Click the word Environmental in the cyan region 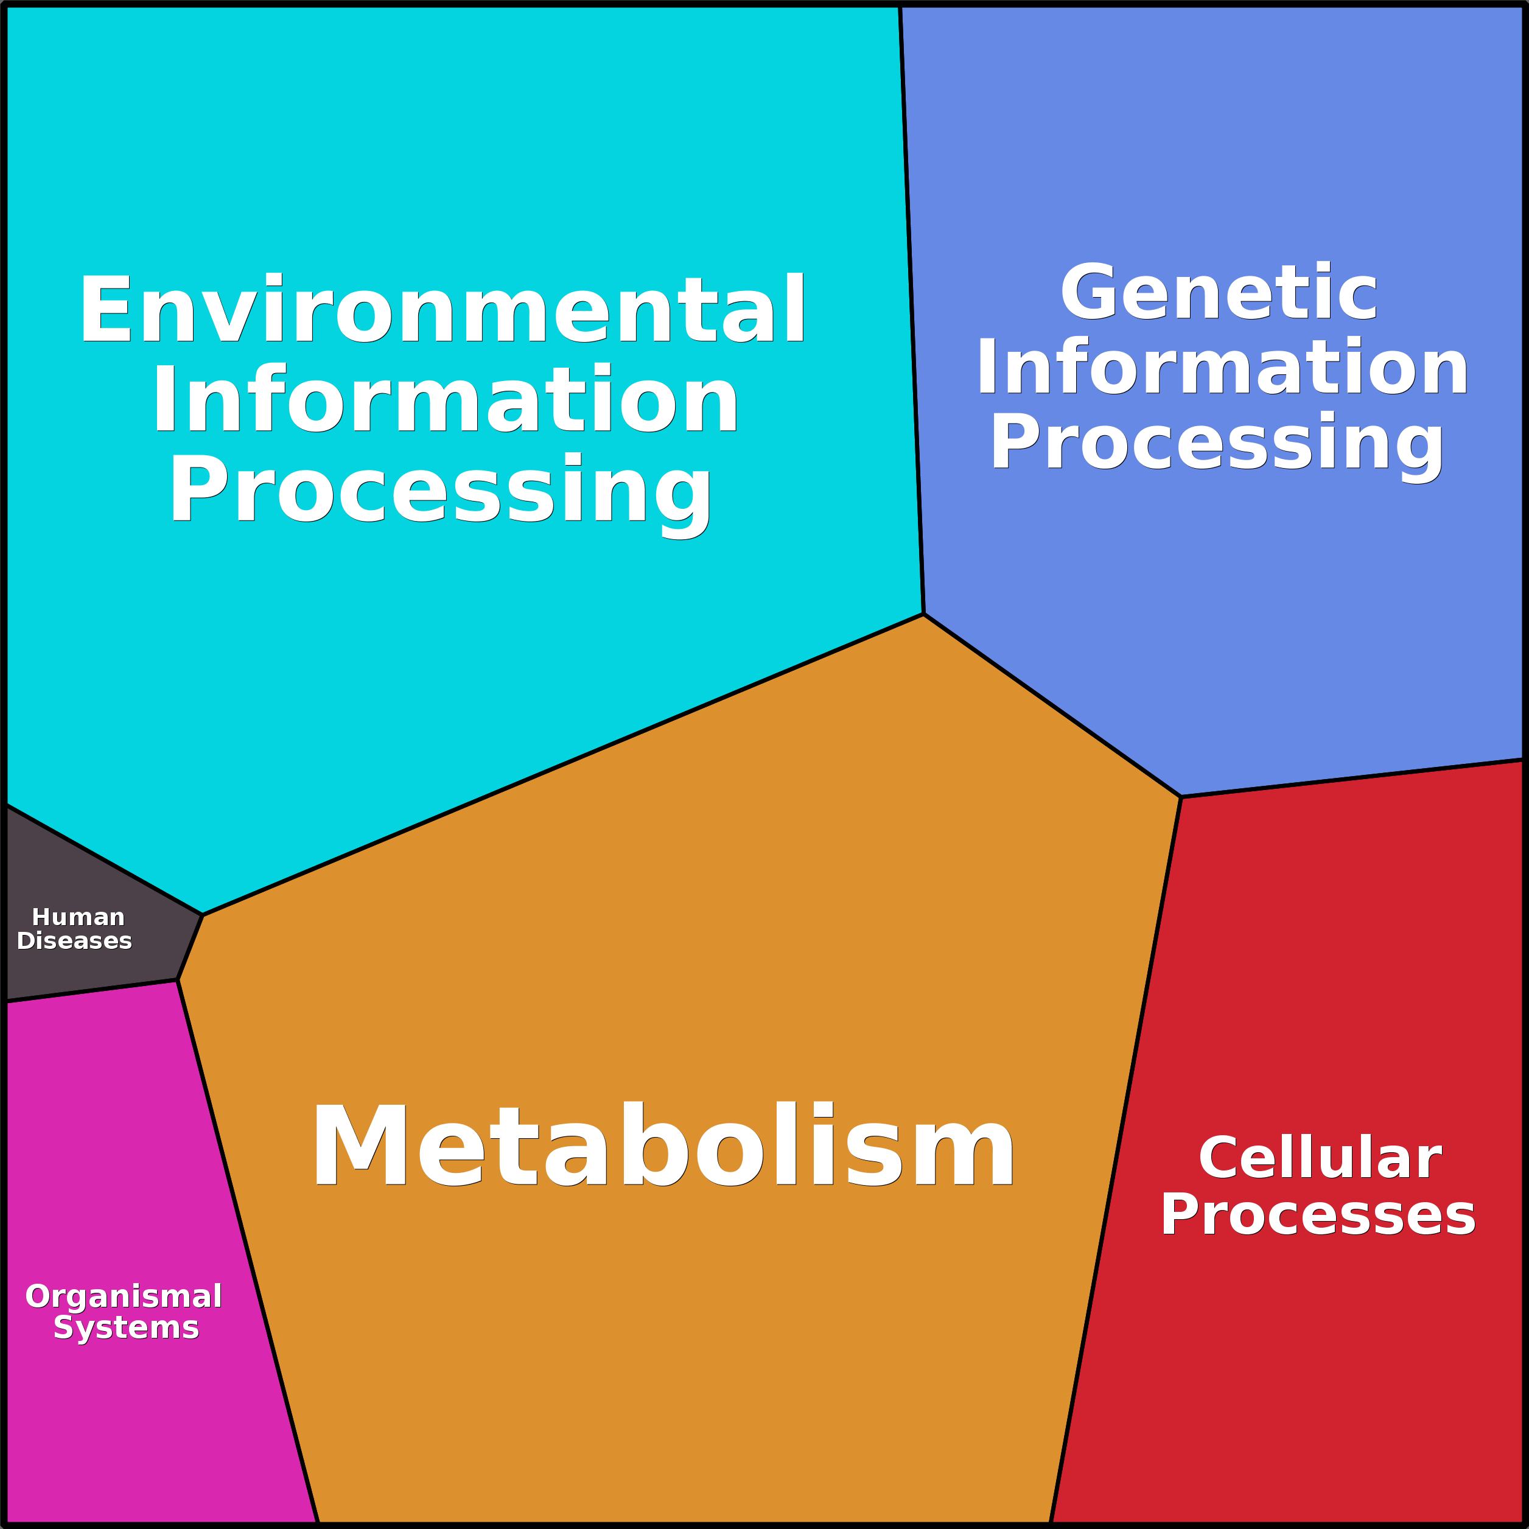442,309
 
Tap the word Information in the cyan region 445,399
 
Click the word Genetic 1219,293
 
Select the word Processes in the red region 1318,1216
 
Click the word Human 79,917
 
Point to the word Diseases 74,941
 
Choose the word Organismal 124,1296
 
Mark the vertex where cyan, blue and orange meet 923,614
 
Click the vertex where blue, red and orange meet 1181,797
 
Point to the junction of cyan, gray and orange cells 203,915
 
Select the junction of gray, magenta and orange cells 177,980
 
